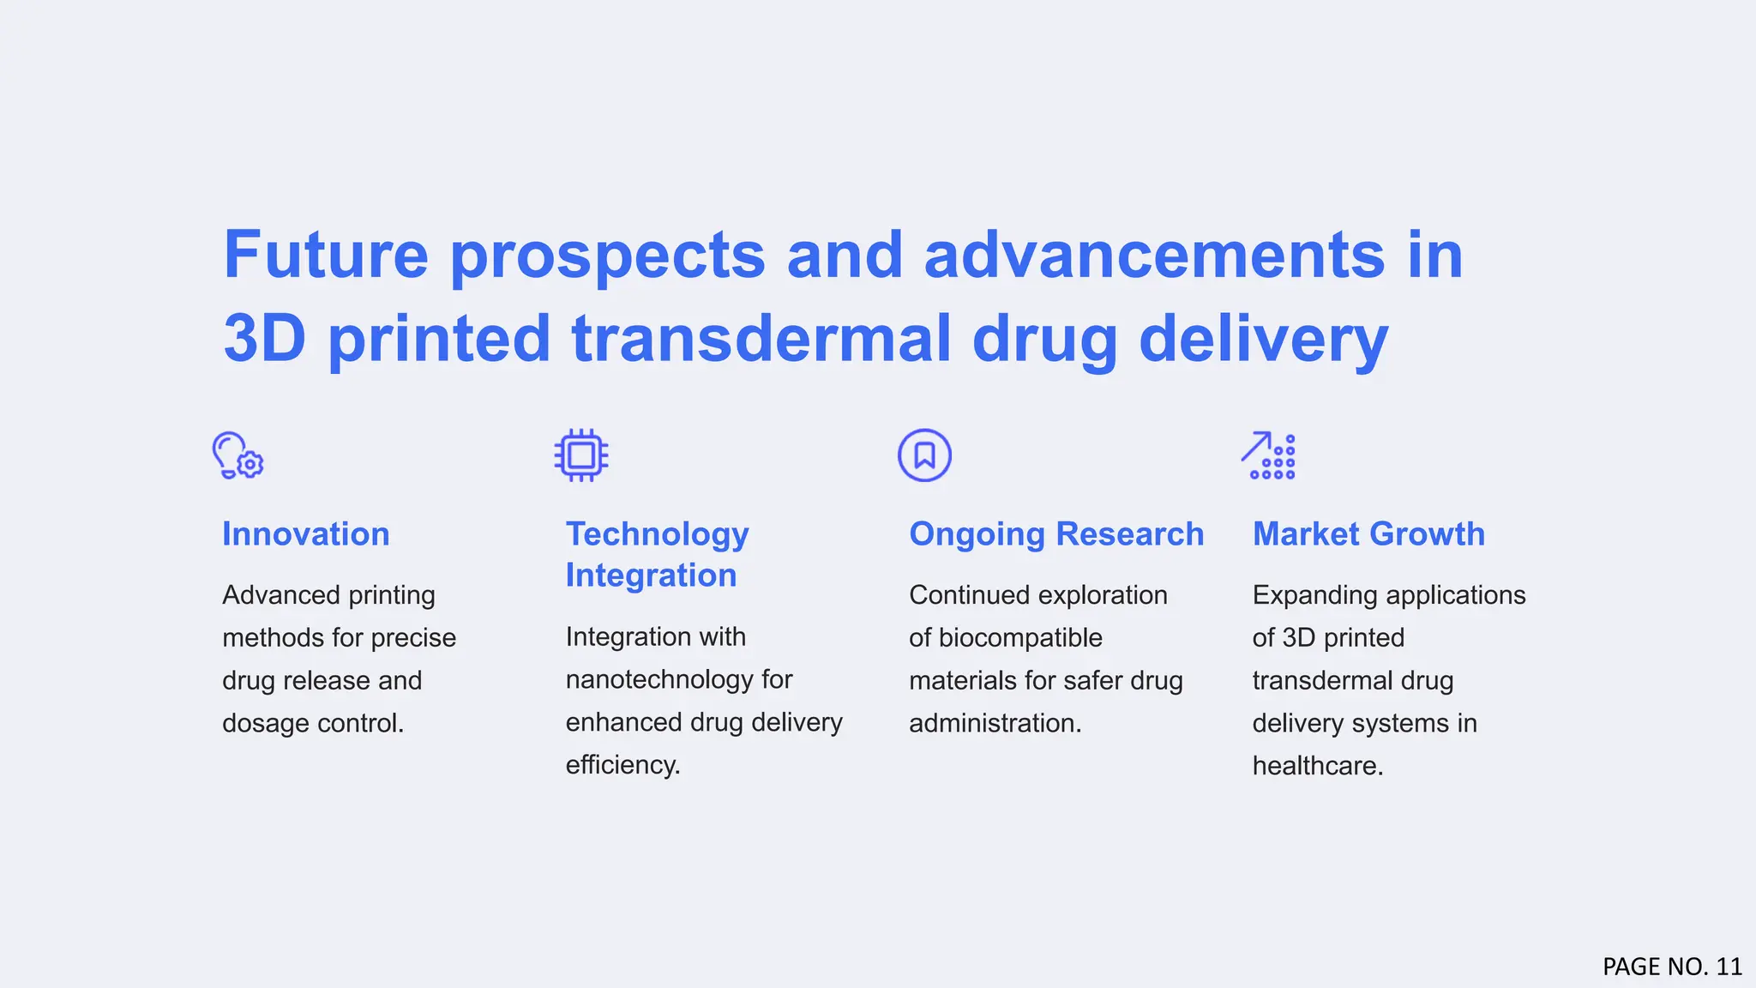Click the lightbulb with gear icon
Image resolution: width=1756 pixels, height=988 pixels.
click(238, 455)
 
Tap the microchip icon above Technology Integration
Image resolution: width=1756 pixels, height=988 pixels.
click(581, 455)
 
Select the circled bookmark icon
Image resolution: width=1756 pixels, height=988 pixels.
click(924, 455)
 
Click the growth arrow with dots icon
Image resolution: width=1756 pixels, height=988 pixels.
click(1268, 455)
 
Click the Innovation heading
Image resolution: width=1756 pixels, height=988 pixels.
click(306, 534)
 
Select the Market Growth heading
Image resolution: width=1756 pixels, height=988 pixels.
click(1368, 534)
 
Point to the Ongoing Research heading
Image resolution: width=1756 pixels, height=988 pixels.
click(1056, 534)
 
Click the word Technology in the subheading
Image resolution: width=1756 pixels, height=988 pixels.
click(658, 534)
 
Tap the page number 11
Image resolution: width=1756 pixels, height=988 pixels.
click(1729, 967)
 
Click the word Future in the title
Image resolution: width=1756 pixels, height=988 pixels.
click(326, 255)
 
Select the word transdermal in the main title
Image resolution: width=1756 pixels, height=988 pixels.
click(761, 338)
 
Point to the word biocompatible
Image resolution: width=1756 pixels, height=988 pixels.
click(1020, 638)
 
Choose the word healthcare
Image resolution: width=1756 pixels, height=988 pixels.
click(1317, 766)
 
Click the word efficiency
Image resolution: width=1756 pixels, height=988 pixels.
click(622, 765)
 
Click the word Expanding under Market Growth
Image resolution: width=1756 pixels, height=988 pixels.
click(1315, 595)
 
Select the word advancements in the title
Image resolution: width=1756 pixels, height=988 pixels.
click(1154, 255)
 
